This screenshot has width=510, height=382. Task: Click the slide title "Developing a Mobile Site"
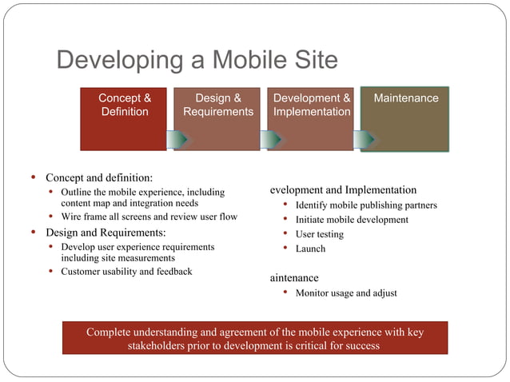click(197, 61)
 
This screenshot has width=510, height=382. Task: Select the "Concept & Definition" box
click(124, 118)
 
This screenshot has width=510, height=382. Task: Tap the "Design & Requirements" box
click(217, 118)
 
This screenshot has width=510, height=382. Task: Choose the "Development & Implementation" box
click(311, 118)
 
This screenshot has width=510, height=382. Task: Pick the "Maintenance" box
click(405, 118)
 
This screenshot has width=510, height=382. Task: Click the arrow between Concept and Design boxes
click(177, 139)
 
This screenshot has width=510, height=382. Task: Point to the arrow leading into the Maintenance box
click(365, 139)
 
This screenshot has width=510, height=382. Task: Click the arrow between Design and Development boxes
click(271, 139)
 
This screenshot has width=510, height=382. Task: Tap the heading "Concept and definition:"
click(99, 177)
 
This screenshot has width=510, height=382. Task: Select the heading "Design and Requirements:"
click(106, 233)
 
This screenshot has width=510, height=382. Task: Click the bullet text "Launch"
click(310, 249)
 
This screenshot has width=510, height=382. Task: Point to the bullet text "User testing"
click(320, 234)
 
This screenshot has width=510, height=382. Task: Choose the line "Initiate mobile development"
click(352, 220)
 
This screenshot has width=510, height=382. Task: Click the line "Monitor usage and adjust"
click(346, 293)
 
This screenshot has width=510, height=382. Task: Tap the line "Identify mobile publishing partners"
click(366, 205)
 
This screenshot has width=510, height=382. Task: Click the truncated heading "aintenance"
click(294, 278)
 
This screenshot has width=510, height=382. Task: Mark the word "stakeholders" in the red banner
click(160, 346)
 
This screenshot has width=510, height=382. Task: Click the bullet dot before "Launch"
click(285, 249)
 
